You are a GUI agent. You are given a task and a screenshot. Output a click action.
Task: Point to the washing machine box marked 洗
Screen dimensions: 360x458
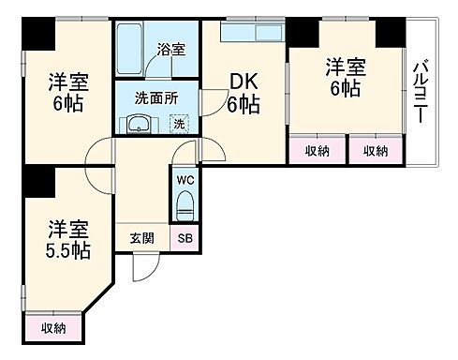(x=179, y=123)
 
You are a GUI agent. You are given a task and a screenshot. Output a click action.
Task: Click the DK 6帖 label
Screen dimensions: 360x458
(x=244, y=93)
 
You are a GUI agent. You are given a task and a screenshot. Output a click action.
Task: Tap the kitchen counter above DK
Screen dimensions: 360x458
(x=251, y=33)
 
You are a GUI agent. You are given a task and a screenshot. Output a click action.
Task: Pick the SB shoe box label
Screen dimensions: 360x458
(x=185, y=239)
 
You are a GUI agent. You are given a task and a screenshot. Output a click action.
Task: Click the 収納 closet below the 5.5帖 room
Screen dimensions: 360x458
(x=53, y=327)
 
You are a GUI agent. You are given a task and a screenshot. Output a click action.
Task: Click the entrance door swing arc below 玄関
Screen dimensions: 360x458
(x=142, y=266)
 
